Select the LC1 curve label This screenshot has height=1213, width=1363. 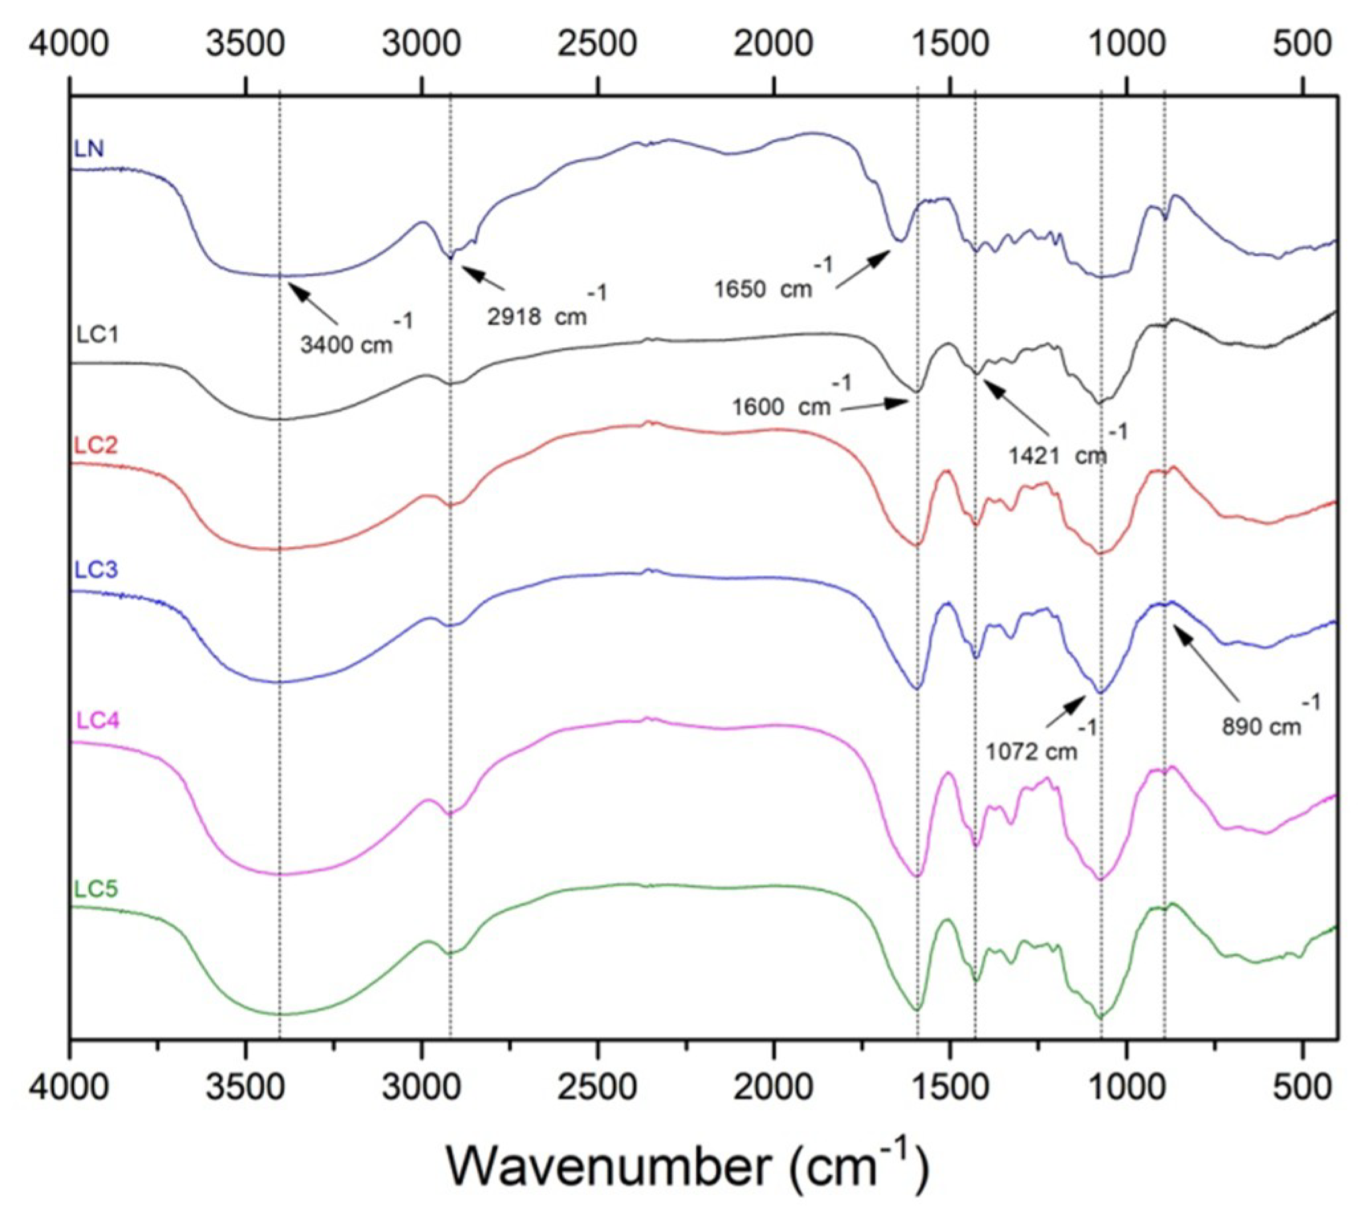pos(97,334)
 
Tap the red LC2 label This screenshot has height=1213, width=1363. pos(96,445)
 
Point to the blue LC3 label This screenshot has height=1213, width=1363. pos(96,569)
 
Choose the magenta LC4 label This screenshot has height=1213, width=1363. pos(97,721)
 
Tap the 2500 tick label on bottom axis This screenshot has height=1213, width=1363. pos(597,1088)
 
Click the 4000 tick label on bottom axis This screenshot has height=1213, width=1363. pos(70,1088)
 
